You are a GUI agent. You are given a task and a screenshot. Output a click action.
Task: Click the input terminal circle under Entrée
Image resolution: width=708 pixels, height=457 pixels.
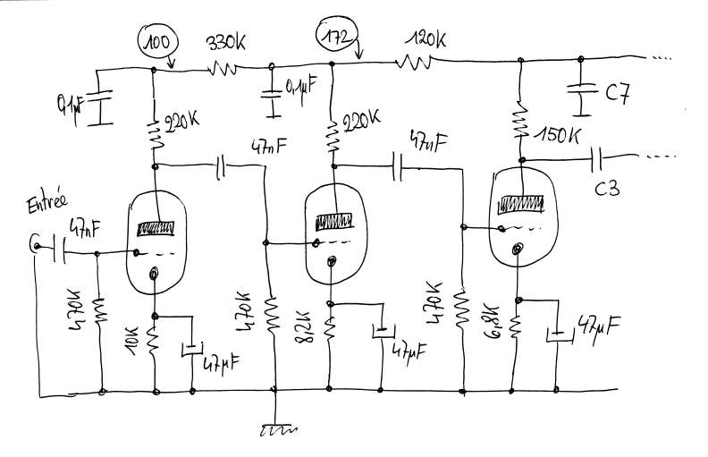[36, 242]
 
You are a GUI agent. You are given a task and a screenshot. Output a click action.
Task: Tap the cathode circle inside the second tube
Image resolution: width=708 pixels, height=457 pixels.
[333, 261]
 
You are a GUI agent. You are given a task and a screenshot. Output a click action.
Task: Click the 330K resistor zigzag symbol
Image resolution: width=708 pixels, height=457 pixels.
[223, 67]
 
